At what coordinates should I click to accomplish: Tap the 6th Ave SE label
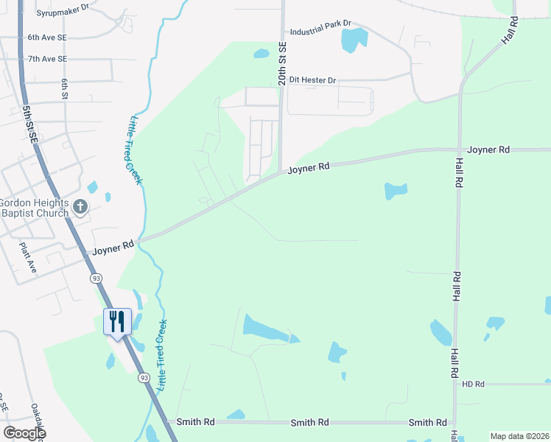point(46,37)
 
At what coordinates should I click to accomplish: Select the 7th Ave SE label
point(46,59)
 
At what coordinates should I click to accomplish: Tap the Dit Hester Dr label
point(312,80)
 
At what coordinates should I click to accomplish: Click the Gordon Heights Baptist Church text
point(34,208)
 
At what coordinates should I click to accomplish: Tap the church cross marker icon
point(81,207)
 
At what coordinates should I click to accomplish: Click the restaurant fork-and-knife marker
point(116,321)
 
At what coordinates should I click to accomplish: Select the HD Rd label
point(473,384)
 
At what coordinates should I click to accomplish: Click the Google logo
point(24,433)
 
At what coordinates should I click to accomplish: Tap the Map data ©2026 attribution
point(519,436)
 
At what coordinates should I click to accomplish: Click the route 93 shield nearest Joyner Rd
point(96,278)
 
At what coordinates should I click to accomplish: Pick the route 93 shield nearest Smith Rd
point(143,378)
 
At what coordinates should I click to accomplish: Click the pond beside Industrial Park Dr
point(353,39)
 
